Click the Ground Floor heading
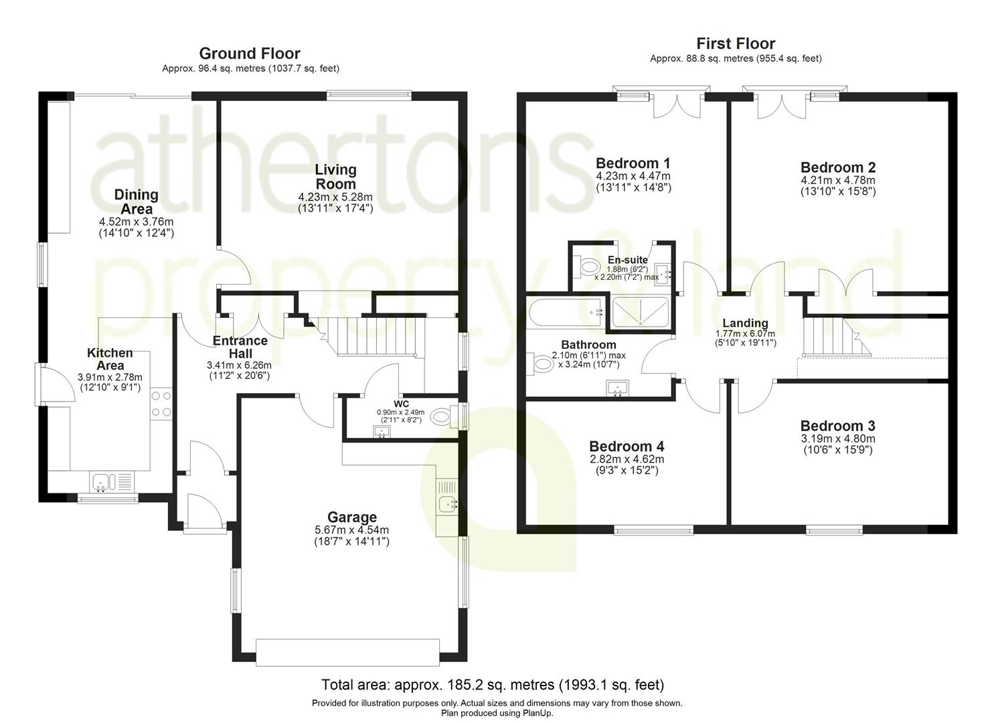[250, 54]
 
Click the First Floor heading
[736, 44]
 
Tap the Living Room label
[336, 177]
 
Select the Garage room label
[351, 517]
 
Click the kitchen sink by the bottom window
[104, 481]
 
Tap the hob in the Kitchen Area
[161, 404]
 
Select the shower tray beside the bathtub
[639, 313]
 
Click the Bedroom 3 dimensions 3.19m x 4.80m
[837, 439]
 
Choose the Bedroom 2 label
[837, 167]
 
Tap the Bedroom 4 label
[626, 447]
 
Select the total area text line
[493, 685]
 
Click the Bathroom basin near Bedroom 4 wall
[617, 388]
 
